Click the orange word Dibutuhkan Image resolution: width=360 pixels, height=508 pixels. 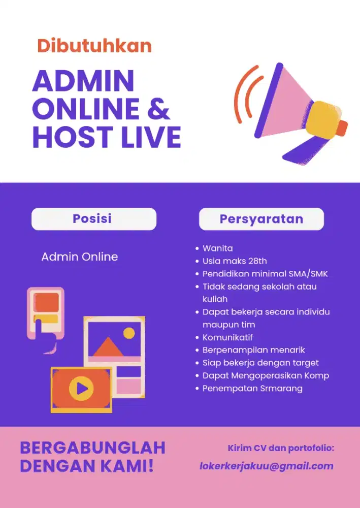(x=94, y=46)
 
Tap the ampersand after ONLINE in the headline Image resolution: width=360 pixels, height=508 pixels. (x=158, y=109)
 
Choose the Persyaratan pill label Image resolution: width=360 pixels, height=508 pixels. (x=261, y=219)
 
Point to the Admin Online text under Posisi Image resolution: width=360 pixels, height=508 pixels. (x=80, y=257)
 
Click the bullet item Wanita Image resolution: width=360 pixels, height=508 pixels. (x=217, y=248)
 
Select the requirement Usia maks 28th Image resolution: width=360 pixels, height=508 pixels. (x=234, y=261)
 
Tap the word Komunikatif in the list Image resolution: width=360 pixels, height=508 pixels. (x=227, y=337)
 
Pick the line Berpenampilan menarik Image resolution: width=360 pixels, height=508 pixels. (x=253, y=350)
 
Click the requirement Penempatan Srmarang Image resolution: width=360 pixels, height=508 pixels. (x=252, y=388)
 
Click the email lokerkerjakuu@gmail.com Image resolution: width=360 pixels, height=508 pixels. (x=267, y=466)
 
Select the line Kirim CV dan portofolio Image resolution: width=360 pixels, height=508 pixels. (x=281, y=448)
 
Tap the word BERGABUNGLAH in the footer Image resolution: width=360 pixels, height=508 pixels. (x=93, y=448)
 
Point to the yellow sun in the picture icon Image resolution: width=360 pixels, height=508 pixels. (x=129, y=333)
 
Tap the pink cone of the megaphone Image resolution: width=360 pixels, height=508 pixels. (x=287, y=102)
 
